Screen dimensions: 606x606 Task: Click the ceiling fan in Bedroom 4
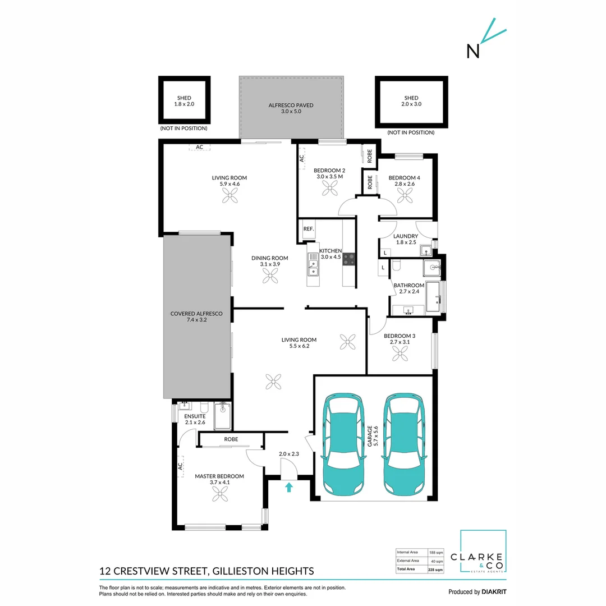405,195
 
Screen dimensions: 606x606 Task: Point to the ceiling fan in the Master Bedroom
219,493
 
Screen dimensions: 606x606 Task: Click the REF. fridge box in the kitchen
308,229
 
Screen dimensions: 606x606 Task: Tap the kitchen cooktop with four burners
348,259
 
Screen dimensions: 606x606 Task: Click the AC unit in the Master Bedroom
181,466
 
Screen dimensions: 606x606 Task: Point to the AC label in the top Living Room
199,148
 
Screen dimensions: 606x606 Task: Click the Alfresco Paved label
290,108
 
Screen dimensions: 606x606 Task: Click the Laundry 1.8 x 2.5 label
406,240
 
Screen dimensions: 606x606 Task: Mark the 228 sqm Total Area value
435,570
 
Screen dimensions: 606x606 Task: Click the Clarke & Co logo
483,553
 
